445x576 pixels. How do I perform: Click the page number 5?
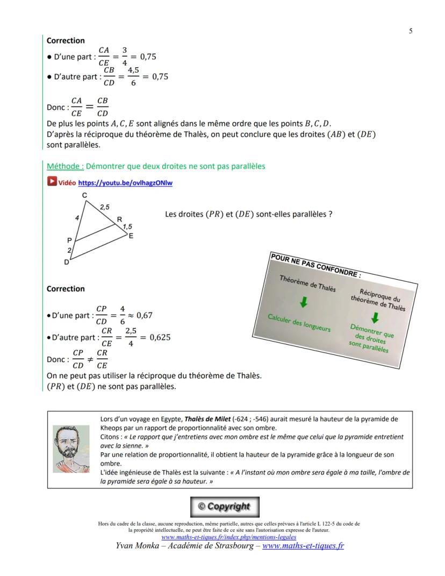[x=411, y=31]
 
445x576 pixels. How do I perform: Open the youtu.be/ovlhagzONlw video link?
[x=125, y=183]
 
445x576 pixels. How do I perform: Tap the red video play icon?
[x=52, y=182]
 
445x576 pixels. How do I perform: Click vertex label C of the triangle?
[x=84, y=196]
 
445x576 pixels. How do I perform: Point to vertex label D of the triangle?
[x=67, y=262]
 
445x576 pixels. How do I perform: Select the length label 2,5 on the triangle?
[x=104, y=207]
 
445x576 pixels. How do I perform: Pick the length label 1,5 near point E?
[x=127, y=226]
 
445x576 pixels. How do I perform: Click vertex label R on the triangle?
[x=119, y=219]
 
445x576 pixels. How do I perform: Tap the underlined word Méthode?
[x=64, y=167]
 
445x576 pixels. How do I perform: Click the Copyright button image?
[x=225, y=507]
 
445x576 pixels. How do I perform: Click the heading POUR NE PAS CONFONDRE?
[x=316, y=266]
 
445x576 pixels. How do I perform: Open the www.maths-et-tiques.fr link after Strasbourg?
[x=303, y=546]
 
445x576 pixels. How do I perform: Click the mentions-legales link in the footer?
[x=228, y=537]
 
